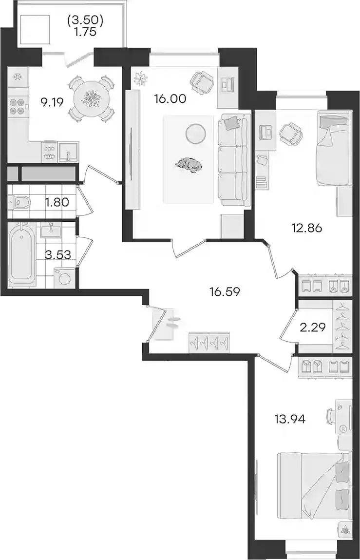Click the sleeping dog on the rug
pos(189,165)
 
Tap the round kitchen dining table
pos(92,98)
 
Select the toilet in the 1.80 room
pos(20,203)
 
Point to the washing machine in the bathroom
pos(64,278)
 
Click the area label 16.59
pos(225,292)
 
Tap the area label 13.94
pos(290,419)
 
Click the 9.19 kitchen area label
pos(52,103)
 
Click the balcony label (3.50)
pos(85,21)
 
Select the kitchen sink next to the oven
pos(68,152)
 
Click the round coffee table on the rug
pos(195,133)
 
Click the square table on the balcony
pos(34,29)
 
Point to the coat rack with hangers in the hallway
pos(209,342)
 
